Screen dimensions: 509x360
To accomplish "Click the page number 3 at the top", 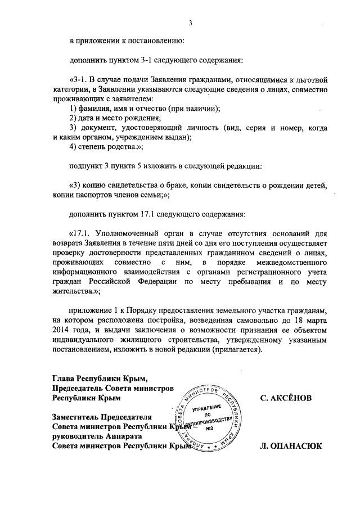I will [190, 24].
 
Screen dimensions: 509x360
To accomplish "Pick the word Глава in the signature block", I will [63, 379].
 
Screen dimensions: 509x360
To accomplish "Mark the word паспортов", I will [96, 195].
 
